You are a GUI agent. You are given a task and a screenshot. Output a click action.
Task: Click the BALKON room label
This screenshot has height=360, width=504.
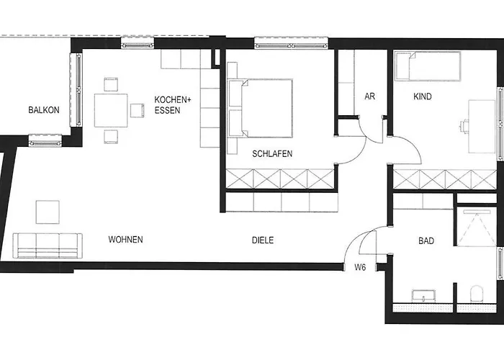click(x=44, y=110)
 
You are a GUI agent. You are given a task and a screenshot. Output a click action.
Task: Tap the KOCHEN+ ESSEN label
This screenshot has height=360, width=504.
click(x=173, y=105)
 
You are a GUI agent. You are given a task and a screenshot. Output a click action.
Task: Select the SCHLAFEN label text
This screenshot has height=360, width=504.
click(x=272, y=153)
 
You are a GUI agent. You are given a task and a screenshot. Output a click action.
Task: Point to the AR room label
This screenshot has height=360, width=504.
click(x=369, y=96)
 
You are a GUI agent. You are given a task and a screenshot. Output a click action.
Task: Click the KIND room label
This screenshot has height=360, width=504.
click(x=423, y=96)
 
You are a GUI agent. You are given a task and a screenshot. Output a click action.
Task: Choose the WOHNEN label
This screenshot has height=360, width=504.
click(x=125, y=240)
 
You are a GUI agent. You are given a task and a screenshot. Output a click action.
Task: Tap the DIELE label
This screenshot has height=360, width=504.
click(x=263, y=240)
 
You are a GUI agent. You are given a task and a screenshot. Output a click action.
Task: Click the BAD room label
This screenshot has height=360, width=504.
click(x=426, y=240)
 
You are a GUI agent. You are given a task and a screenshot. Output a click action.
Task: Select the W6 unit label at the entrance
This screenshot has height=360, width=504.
click(x=360, y=267)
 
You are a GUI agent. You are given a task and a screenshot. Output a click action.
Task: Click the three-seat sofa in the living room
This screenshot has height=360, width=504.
click(x=48, y=246)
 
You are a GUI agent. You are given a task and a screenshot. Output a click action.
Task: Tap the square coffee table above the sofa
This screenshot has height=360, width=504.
click(x=48, y=212)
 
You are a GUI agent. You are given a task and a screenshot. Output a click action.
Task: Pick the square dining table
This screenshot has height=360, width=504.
click(x=111, y=110)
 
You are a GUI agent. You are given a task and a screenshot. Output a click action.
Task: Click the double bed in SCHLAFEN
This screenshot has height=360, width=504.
click(x=260, y=108)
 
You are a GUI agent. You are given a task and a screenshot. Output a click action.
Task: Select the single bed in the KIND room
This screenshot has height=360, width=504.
click(x=428, y=66)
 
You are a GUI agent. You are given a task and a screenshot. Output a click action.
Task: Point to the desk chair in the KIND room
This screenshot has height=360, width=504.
click(x=465, y=126)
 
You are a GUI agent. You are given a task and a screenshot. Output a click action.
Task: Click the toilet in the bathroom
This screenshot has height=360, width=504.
click(x=477, y=294)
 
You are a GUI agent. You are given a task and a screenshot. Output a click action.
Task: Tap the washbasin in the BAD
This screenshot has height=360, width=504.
click(x=423, y=295)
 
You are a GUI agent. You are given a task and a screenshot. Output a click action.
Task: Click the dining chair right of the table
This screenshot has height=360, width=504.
click(x=138, y=110)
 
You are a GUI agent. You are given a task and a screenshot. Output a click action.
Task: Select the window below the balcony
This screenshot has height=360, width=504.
click(x=45, y=140)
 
